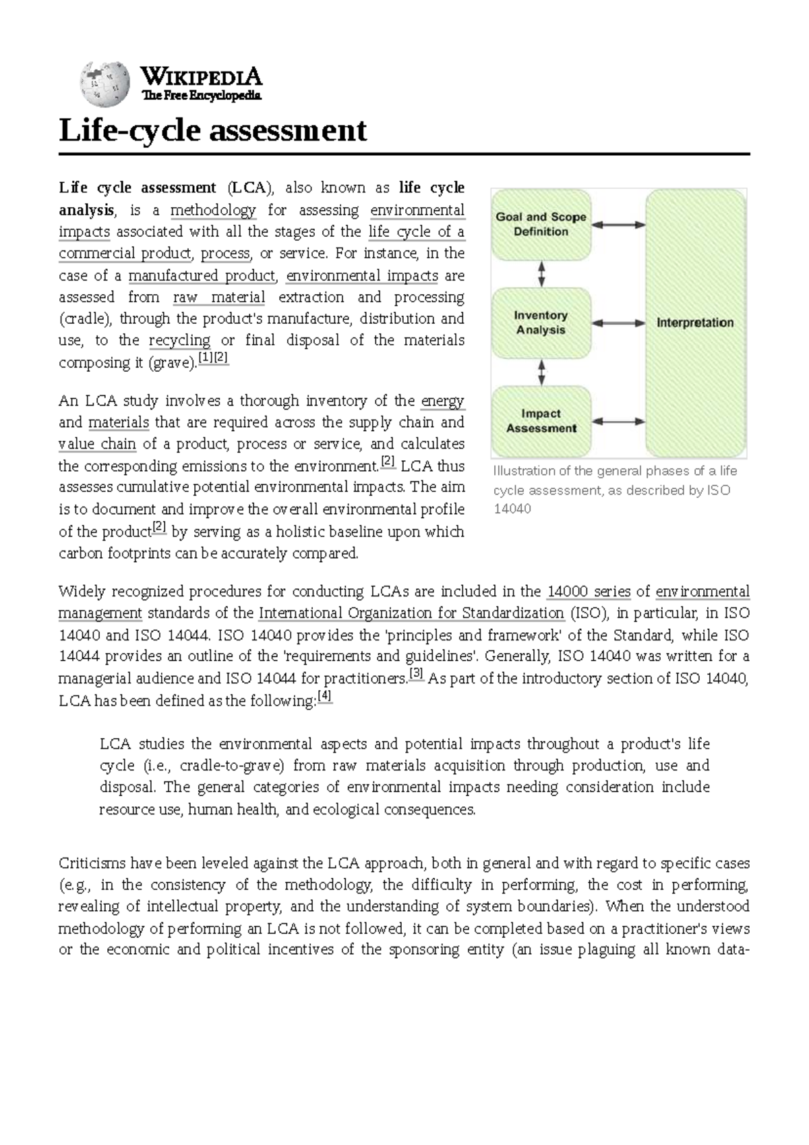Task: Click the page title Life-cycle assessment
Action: [x=213, y=130]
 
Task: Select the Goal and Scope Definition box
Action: [x=541, y=225]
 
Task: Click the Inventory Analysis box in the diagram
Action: [x=541, y=323]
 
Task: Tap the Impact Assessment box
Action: [x=541, y=421]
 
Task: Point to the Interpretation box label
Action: [x=695, y=323]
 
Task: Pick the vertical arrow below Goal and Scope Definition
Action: [x=541, y=274]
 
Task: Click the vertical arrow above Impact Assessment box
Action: [x=541, y=371]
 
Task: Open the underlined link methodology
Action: [x=213, y=210]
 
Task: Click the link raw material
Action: [x=219, y=298]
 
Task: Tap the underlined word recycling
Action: [x=179, y=341]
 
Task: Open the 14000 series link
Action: [x=589, y=592]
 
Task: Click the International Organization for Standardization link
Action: [x=411, y=614]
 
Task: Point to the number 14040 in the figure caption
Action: [x=512, y=509]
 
